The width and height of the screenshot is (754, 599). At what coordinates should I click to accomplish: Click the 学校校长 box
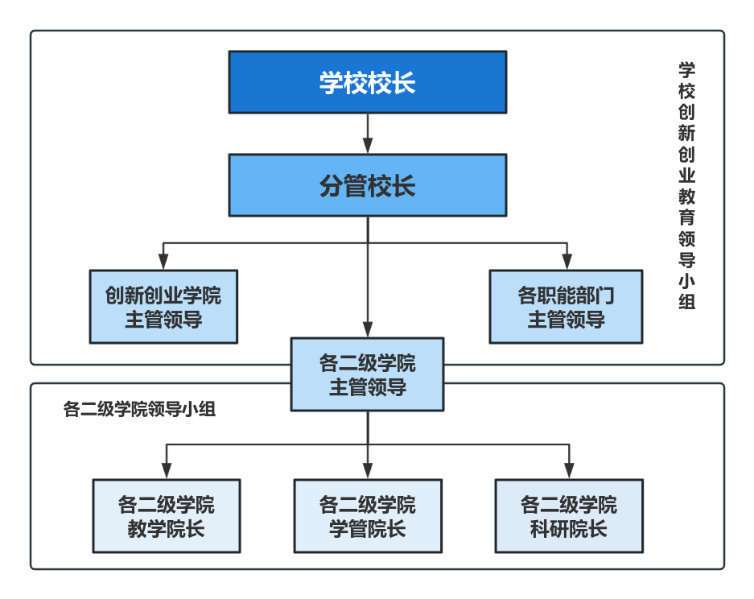click(x=368, y=82)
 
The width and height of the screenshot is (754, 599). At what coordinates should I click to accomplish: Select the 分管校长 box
click(x=368, y=185)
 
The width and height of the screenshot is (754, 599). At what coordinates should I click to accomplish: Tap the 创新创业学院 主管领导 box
click(x=163, y=307)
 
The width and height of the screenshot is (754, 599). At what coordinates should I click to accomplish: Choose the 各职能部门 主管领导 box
click(x=566, y=307)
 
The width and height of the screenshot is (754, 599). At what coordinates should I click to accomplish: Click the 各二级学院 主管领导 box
click(x=368, y=374)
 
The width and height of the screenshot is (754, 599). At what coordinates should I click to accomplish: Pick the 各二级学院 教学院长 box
click(x=167, y=516)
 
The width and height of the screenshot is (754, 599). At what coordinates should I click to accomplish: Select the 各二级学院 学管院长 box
click(x=368, y=516)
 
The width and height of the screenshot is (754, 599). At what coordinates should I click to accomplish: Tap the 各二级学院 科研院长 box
click(x=569, y=516)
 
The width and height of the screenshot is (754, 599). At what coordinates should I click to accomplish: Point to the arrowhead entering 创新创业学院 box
click(x=163, y=262)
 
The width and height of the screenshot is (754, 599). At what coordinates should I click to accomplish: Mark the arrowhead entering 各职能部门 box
click(x=567, y=262)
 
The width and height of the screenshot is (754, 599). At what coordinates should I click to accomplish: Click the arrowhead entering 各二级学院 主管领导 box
click(x=368, y=329)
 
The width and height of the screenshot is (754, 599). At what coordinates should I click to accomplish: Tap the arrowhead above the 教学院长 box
click(x=167, y=471)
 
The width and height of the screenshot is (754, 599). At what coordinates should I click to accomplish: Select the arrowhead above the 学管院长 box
click(x=368, y=471)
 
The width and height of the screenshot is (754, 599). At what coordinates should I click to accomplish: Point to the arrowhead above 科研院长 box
click(x=570, y=471)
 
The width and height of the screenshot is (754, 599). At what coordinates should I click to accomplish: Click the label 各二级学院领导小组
click(x=139, y=410)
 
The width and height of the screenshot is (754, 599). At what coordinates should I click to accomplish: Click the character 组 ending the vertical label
click(x=686, y=302)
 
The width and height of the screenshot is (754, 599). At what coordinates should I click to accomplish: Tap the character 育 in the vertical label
click(x=686, y=217)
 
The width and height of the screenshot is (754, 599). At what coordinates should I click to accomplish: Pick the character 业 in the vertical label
click(x=686, y=176)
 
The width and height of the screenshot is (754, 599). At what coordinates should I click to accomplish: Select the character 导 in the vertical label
click(x=686, y=260)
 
